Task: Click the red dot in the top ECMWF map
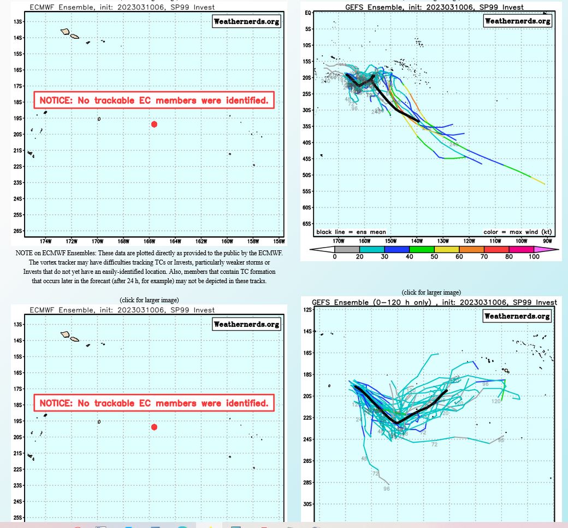(x=154, y=124)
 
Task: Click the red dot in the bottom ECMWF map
(x=154, y=427)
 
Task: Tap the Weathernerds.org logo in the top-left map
(x=246, y=21)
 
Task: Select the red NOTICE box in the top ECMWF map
(x=153, y=100)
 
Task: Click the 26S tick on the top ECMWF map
(x=19, y=231)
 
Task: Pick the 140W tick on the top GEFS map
(x=417, y=240)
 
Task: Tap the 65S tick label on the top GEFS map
(x=307, y=224)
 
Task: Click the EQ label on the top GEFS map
(x=308, y=13)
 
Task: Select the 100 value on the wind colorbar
(x=535, y=256)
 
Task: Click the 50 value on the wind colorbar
(x=435, y=256)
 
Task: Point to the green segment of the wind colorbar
(x=422, y=250)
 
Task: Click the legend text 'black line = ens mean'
(x=351, y=232)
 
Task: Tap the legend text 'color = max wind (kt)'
(x=517, y=232)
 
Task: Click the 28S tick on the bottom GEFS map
(x=307, y=483)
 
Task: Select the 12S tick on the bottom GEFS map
(x=307, y=310)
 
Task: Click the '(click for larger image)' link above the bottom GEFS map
(x=431, y=292)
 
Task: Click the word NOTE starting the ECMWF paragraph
(x=23, y=254)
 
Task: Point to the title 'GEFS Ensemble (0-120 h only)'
(x=373, y=302)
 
